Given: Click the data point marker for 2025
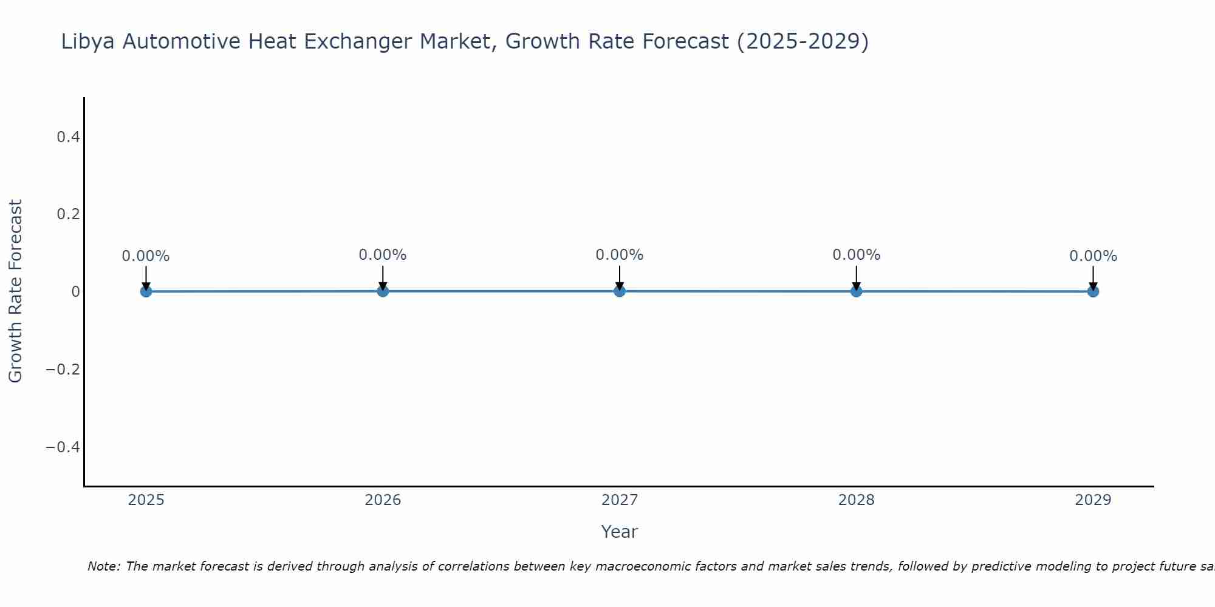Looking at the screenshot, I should (146, 291).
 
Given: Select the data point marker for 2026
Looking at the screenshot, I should (383, 291).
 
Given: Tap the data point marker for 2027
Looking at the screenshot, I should (620, 291).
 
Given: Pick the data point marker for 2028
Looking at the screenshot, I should (856, 291).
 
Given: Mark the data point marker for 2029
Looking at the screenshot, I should (1093, 291).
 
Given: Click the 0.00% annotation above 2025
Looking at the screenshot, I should (146, 256).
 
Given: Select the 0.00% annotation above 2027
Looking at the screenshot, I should (620, 255).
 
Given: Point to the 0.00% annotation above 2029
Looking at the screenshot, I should (1093, 256).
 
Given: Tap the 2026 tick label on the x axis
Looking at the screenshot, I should (383, 500).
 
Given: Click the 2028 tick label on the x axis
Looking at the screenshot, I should (856, 500).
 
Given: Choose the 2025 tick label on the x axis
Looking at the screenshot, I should (146, 500).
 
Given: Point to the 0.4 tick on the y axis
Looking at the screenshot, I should (68, 137).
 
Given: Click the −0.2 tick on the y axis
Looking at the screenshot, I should (63, 370).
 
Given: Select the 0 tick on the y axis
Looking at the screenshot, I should (75, 292).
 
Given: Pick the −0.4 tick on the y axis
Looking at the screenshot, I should (63, 447).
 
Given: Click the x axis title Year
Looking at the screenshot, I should (619, 532).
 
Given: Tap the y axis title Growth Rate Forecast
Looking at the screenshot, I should (15, 291).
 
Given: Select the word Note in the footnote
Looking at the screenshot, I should (103, 566).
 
